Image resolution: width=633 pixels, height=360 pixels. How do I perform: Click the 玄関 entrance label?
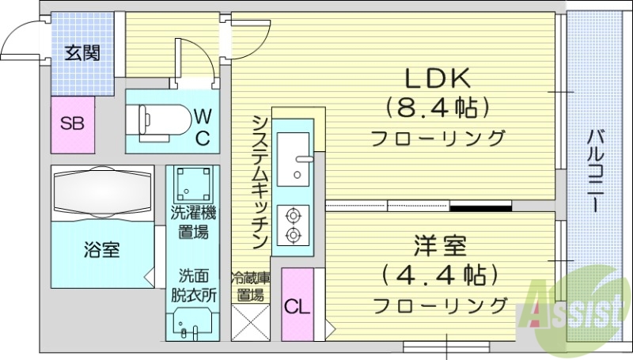point(81,54)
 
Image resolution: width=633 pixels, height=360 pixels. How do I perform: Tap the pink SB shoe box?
point(73,124)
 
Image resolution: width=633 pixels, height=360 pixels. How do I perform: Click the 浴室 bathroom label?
point(102,251)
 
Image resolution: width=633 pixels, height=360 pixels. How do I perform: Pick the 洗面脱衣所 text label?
point(195,286)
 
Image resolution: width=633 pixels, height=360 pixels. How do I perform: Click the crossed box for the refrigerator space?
point(249,324)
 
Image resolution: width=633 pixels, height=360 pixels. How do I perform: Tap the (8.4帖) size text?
point(436,107)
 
